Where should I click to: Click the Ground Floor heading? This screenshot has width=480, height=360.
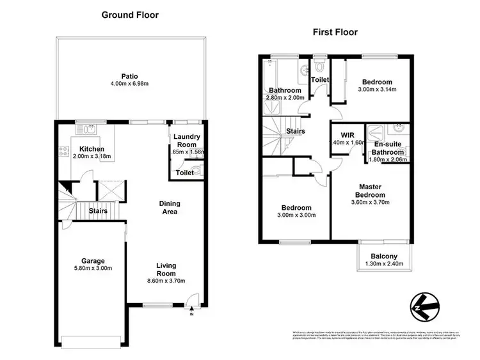(x=130, y=15)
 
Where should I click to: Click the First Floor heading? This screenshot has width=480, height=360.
(x=335, y=31)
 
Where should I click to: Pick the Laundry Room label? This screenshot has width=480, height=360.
(x=188, y=141)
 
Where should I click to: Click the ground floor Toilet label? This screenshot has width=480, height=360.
(x=184, y=173)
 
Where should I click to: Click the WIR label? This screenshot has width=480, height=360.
(x=348, y=135)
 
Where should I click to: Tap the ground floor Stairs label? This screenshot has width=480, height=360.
(x=98, y=210)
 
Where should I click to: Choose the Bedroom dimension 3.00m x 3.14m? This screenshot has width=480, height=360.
(x=377, y=89)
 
